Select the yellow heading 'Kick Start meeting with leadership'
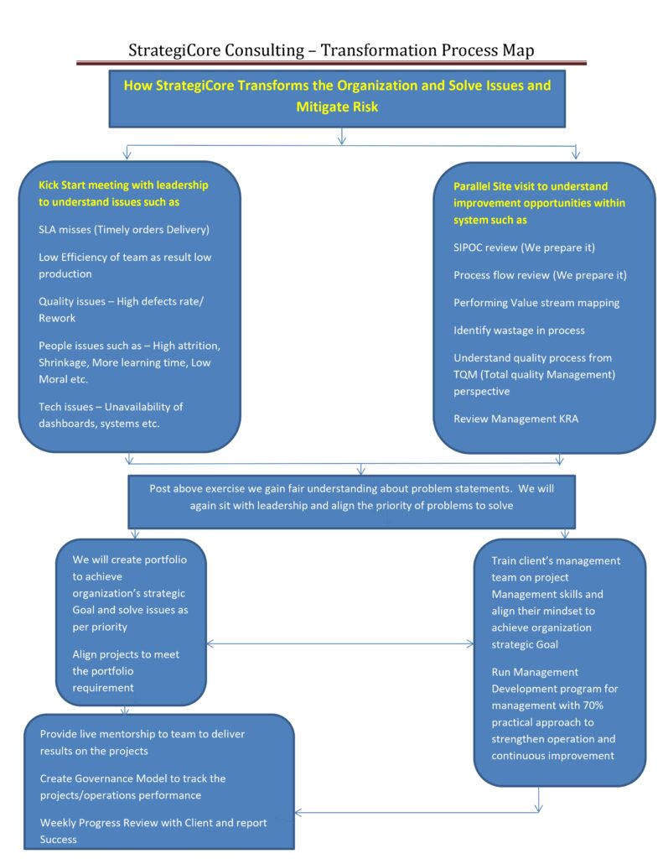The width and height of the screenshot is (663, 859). click(123, 185)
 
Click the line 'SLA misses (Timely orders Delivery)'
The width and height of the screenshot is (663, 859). click(124, 230)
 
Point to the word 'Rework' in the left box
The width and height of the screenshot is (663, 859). click(57, 318)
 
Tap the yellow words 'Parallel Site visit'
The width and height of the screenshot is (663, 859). click(502, 186)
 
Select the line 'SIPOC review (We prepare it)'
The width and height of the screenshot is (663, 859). click(524, 247)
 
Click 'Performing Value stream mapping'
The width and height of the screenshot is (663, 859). click(536, 303)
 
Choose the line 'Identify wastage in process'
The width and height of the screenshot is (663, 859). click(519, 331)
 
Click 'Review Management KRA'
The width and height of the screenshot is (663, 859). click(515, 419)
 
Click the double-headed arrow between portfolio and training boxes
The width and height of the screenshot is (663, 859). click(340, 643)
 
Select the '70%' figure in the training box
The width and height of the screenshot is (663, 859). click(593, 705)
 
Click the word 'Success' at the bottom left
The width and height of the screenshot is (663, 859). click(58, 839)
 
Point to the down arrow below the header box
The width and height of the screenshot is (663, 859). click(342, 137)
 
